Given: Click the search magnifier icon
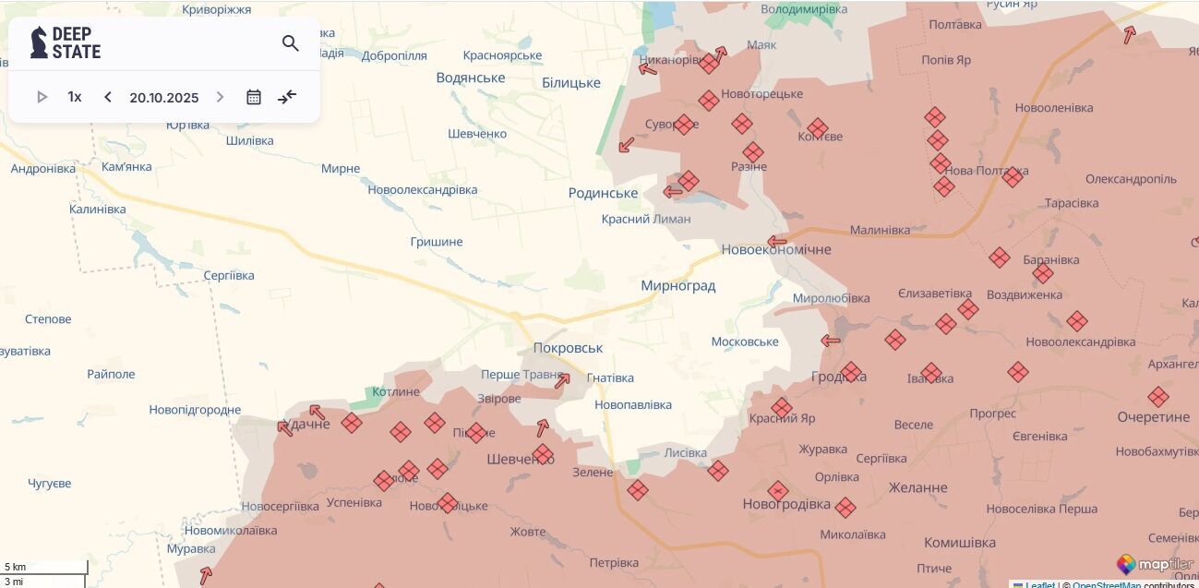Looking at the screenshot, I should coord(291,43).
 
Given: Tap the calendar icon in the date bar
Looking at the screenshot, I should coord(254,97).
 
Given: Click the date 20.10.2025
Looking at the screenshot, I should coord(164,98).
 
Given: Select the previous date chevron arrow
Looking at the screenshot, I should coord(108,97).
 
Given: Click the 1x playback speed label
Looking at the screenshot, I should coord(75,97).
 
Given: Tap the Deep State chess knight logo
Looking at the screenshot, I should coord(39,42).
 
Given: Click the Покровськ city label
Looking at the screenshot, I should coord(568,348).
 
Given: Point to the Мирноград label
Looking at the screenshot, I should coord(677,286).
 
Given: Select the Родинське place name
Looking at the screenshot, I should coord(603,193).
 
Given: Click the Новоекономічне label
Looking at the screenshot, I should coord(775,249).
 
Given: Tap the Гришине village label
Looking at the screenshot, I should coord(437,242).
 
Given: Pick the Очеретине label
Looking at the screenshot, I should coord(1153,417).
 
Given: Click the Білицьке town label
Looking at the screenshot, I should coord(570,83).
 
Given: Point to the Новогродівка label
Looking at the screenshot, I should coord(786,505).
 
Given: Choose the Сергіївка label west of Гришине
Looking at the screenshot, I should coord(228,276).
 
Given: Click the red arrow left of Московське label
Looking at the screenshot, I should coord(831,341).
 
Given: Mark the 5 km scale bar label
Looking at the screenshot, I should coord(16,567).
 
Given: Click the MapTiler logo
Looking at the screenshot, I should coord(1155,565).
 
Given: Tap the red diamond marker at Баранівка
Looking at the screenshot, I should coord(1043,273).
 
